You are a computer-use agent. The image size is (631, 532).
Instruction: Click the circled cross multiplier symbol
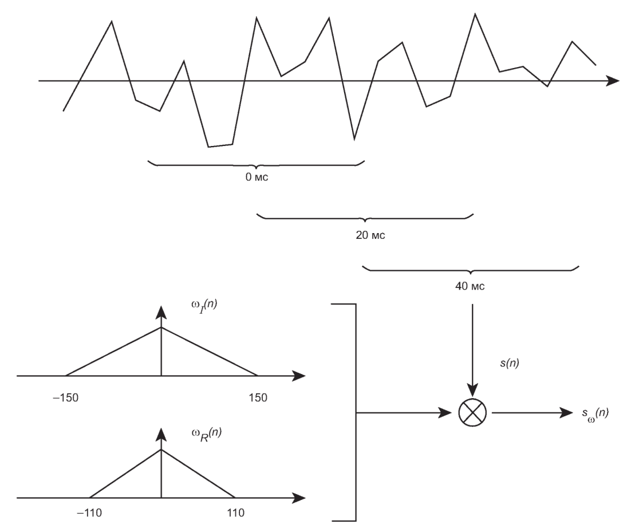[x=472, y=412]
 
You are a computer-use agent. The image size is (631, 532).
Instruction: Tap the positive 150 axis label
[x=258, y=397]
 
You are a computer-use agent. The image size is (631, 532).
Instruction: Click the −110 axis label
[x=89, y=512]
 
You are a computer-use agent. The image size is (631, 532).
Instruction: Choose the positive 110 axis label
[x=235, y=512]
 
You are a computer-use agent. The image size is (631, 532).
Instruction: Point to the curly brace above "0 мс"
[x=256, y=165]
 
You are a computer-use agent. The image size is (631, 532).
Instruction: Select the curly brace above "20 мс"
[x=365, y=218]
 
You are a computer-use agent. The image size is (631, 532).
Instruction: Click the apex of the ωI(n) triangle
[x=161, y=328]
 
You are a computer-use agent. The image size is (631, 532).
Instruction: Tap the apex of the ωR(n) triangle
[x=161, y=449]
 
